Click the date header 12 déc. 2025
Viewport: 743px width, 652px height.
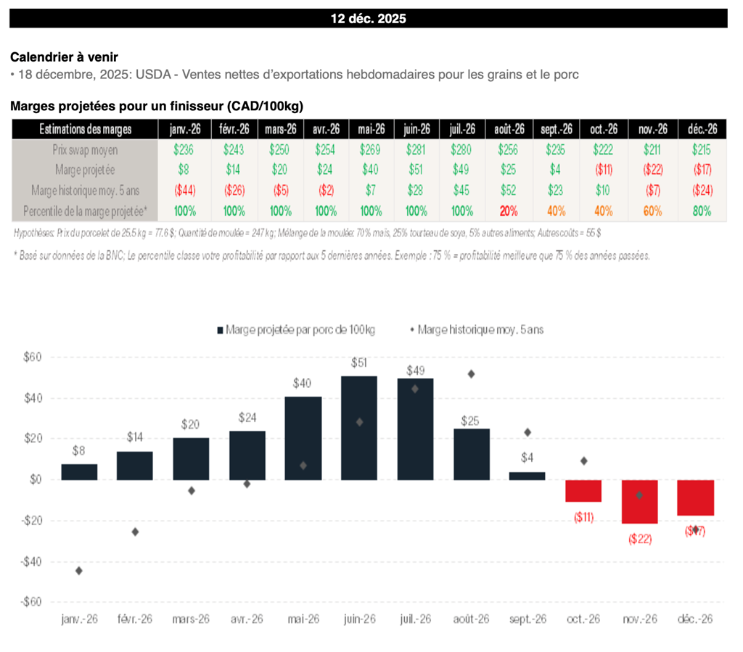click(368, 19)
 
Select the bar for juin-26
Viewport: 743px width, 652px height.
click(359, 428)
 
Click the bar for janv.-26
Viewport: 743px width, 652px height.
click(79, 472)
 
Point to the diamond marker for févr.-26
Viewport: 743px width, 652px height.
click(135, 532)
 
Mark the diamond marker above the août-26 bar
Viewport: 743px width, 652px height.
click(471, 374)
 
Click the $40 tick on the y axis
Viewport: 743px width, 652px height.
click(33, 398)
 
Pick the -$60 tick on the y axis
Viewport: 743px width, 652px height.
click(31, 602)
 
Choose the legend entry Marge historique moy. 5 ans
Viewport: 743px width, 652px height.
click(476, 329)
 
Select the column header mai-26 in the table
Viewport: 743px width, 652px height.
click(371, 129)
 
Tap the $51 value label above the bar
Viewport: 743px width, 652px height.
click(359, 363)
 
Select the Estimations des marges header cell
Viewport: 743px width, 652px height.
click(84, 129)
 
